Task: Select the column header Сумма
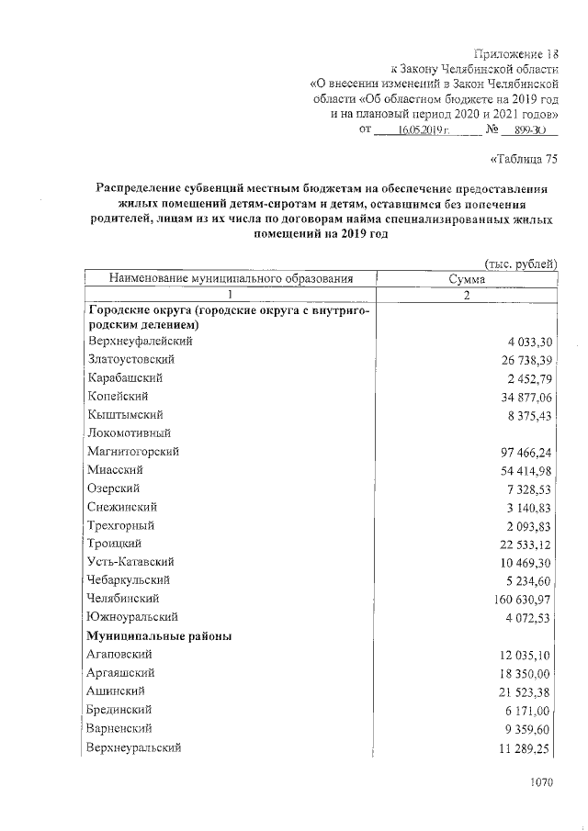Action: [467, 279]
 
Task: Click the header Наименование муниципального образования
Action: [231, 279]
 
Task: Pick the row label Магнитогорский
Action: [133, 452]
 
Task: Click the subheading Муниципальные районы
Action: [159, 635]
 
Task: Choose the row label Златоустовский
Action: [130, 359]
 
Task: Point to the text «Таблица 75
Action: [525, 159]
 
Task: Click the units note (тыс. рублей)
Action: [520, 264]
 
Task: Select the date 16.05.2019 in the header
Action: [416, 131]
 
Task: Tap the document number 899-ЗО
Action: [531, 131]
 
